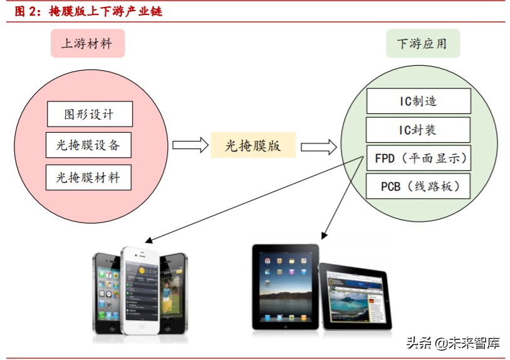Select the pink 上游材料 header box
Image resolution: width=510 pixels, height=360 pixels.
(87, 43)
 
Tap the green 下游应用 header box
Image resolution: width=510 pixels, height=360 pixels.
(422, 43)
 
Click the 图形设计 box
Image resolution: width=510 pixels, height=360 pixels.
(90, 115)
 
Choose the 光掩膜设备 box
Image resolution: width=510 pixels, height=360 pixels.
(89, 146)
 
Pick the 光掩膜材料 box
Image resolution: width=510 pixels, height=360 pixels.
(89, 177)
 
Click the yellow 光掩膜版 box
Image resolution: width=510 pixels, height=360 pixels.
(253, 146)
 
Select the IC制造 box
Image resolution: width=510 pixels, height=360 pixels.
(418, 101)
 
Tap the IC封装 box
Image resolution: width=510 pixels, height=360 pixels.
(418, 130)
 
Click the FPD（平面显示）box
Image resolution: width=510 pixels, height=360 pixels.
(418, 158)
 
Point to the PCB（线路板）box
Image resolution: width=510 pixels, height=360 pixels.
(418, 186)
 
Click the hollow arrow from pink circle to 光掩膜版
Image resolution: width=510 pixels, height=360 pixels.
(190, 145)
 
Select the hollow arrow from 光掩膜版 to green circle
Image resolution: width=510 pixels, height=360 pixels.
(318, 147)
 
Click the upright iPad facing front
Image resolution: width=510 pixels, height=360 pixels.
(285, 286)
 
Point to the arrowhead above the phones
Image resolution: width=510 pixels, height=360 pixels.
(148, 241)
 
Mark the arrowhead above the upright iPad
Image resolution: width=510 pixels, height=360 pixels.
(323, 236)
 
